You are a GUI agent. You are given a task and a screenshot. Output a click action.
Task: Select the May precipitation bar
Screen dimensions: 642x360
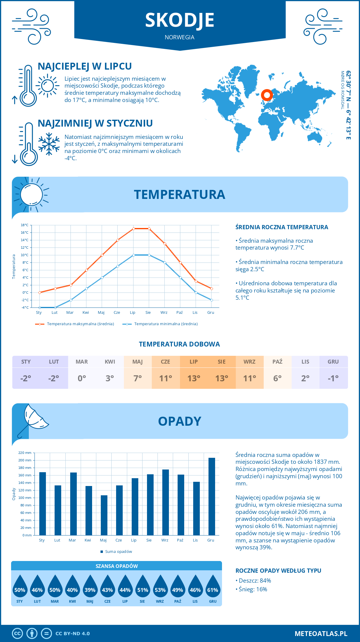(104, 515)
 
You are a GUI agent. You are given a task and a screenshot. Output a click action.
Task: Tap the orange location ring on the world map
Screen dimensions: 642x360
(267, 95)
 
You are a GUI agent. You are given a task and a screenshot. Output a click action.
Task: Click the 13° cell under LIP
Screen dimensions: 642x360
(193, 378)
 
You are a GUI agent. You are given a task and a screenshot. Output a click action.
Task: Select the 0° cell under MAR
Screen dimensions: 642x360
(82, 378)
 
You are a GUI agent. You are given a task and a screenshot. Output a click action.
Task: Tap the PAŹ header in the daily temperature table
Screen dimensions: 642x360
(277, 361)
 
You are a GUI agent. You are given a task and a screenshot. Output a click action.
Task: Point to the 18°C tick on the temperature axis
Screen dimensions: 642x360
(25, 225)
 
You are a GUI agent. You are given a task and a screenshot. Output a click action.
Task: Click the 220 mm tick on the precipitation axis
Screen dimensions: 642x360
(25, 453)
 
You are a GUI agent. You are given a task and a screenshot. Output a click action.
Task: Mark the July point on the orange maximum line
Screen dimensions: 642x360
(133, 229)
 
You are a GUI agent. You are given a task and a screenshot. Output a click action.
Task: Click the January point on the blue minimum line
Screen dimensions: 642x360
(40, 307)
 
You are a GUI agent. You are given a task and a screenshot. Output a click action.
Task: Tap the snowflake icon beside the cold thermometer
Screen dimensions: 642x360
(49, 144)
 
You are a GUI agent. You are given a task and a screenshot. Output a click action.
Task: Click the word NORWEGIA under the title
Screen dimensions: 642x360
(179, 37)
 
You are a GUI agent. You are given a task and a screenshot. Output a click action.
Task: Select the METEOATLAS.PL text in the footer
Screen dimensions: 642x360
(321, 634)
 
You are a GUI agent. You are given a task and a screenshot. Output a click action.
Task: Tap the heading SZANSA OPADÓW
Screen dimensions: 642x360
(116, 566)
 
